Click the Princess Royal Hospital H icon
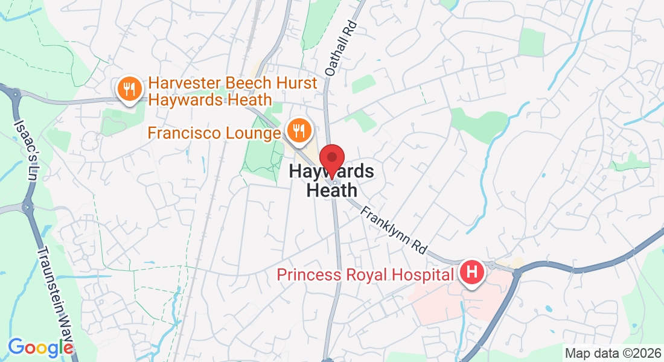[473, 272]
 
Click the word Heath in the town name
[331, 190]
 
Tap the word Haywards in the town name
[331, 171]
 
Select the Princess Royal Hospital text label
[365, 275]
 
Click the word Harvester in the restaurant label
[185, 83]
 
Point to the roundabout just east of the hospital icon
[516, 273]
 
